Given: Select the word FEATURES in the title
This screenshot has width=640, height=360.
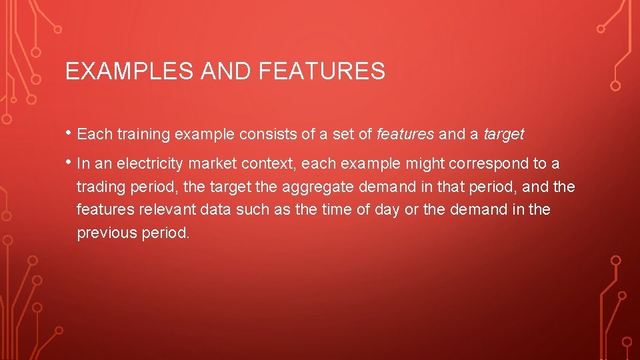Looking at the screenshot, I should click(321, 71).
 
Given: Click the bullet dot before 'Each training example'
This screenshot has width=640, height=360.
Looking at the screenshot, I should click(69, 133).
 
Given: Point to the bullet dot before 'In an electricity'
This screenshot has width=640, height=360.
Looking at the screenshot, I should click(69, 163).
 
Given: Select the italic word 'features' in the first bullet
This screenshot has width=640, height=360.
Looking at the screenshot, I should click(405, 135).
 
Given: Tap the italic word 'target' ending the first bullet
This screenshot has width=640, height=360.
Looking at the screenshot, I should click(504, 135).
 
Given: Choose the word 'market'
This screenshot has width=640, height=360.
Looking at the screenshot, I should click(211, 164).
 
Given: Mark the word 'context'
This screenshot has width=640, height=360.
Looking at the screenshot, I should click(263, 164).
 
